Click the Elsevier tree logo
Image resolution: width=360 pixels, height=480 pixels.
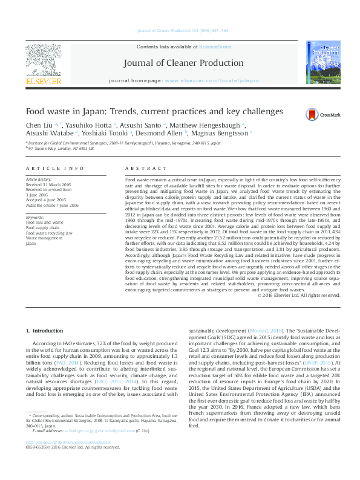[x=43, y=61]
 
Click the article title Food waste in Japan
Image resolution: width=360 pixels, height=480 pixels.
[x=154, y=112]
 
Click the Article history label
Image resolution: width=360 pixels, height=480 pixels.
[x=39, y=180]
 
